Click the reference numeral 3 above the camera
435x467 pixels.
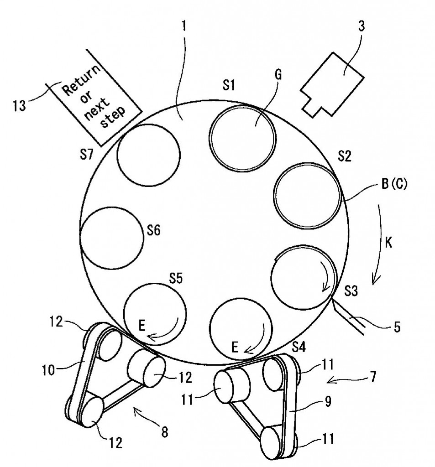coord(361,26)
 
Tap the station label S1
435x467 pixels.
coord(229,85)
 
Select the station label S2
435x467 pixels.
coord(344,156)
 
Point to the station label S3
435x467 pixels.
coord(351,291)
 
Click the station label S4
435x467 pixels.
coord(299,347)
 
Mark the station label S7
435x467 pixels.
coord(86,155)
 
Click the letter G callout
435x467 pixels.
coord(278,75)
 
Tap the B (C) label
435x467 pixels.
coord(394,184)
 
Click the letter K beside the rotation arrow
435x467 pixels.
coord(388,243)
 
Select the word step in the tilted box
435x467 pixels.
coord(113,117)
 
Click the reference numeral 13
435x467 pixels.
coord(19,105)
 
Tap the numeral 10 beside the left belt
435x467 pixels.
coord(48,370)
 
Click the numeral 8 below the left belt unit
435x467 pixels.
coord(165,432)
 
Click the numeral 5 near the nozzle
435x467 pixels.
coord(398,327)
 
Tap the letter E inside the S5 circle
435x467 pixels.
coord(142,326)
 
